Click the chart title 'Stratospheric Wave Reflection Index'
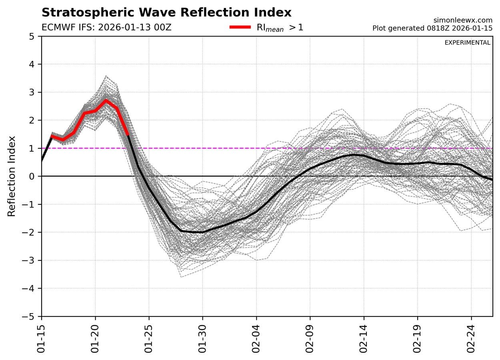[166, 12]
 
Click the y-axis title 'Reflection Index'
[12, 176]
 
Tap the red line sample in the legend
[240, 27]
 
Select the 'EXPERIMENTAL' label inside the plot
[467, 43]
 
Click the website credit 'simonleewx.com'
[462, 20]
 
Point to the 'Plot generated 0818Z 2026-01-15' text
[432, 28]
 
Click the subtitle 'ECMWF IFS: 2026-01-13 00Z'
[106, 28]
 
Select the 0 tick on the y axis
[35, 176]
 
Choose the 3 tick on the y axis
[35, 92]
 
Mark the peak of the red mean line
[106, 100]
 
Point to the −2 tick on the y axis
[33, 232]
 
